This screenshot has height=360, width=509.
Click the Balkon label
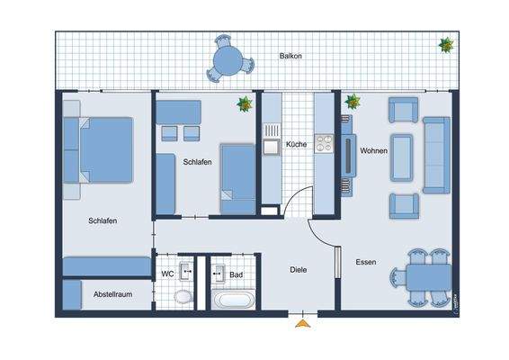tap(290, 56)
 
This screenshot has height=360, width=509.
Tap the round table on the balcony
tap(233, 62)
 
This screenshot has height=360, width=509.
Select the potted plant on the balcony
tap(445, 44)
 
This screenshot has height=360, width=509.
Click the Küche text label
tap(296, 144)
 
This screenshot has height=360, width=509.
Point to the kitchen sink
tap(271, 144)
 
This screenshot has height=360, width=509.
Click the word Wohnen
tap(373, 150)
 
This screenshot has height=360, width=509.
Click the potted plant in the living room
tap(352, 102)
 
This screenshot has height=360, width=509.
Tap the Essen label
tap(366, 263)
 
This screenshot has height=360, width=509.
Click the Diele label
tap(299, 269)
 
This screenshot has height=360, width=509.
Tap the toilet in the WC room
tap(183, 297)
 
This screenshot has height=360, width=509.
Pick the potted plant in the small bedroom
tap(243, 104)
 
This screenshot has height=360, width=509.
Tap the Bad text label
tap(237, 274)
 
